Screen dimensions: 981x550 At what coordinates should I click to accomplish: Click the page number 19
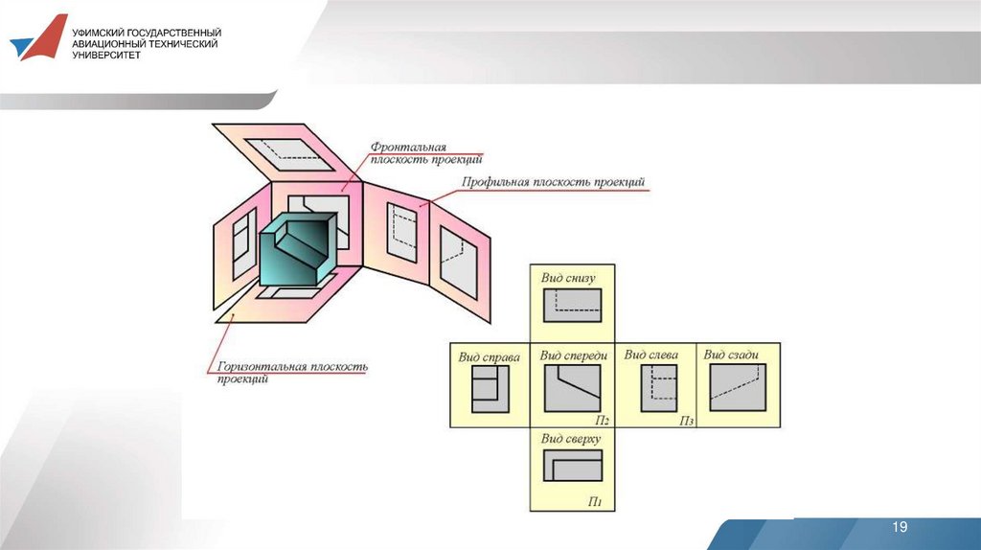[900, 528]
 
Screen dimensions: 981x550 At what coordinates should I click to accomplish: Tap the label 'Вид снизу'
[568, 278]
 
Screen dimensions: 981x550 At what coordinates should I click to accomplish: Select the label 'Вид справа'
[489, 357]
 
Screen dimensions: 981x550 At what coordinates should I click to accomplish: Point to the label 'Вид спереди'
[574, 355]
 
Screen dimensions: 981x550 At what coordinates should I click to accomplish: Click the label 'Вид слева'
[651, 355]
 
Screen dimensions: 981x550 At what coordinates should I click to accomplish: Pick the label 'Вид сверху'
[570, 439]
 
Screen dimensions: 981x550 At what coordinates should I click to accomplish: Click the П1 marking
[595, 501]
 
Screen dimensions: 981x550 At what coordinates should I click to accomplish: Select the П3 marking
[687, 420]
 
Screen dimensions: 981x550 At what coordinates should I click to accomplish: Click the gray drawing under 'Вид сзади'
[738, 388]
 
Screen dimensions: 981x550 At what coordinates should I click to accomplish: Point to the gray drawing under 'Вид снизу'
[572, 306]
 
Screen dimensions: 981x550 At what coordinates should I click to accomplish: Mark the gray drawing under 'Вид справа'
[488, 389]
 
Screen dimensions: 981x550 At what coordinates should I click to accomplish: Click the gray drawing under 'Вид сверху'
[572, 466]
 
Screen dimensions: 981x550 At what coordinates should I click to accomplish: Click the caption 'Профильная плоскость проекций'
[553, 182]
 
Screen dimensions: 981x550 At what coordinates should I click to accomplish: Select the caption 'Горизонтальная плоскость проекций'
[292, 372]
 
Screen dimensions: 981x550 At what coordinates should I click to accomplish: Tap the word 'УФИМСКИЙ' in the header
[101, 32]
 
